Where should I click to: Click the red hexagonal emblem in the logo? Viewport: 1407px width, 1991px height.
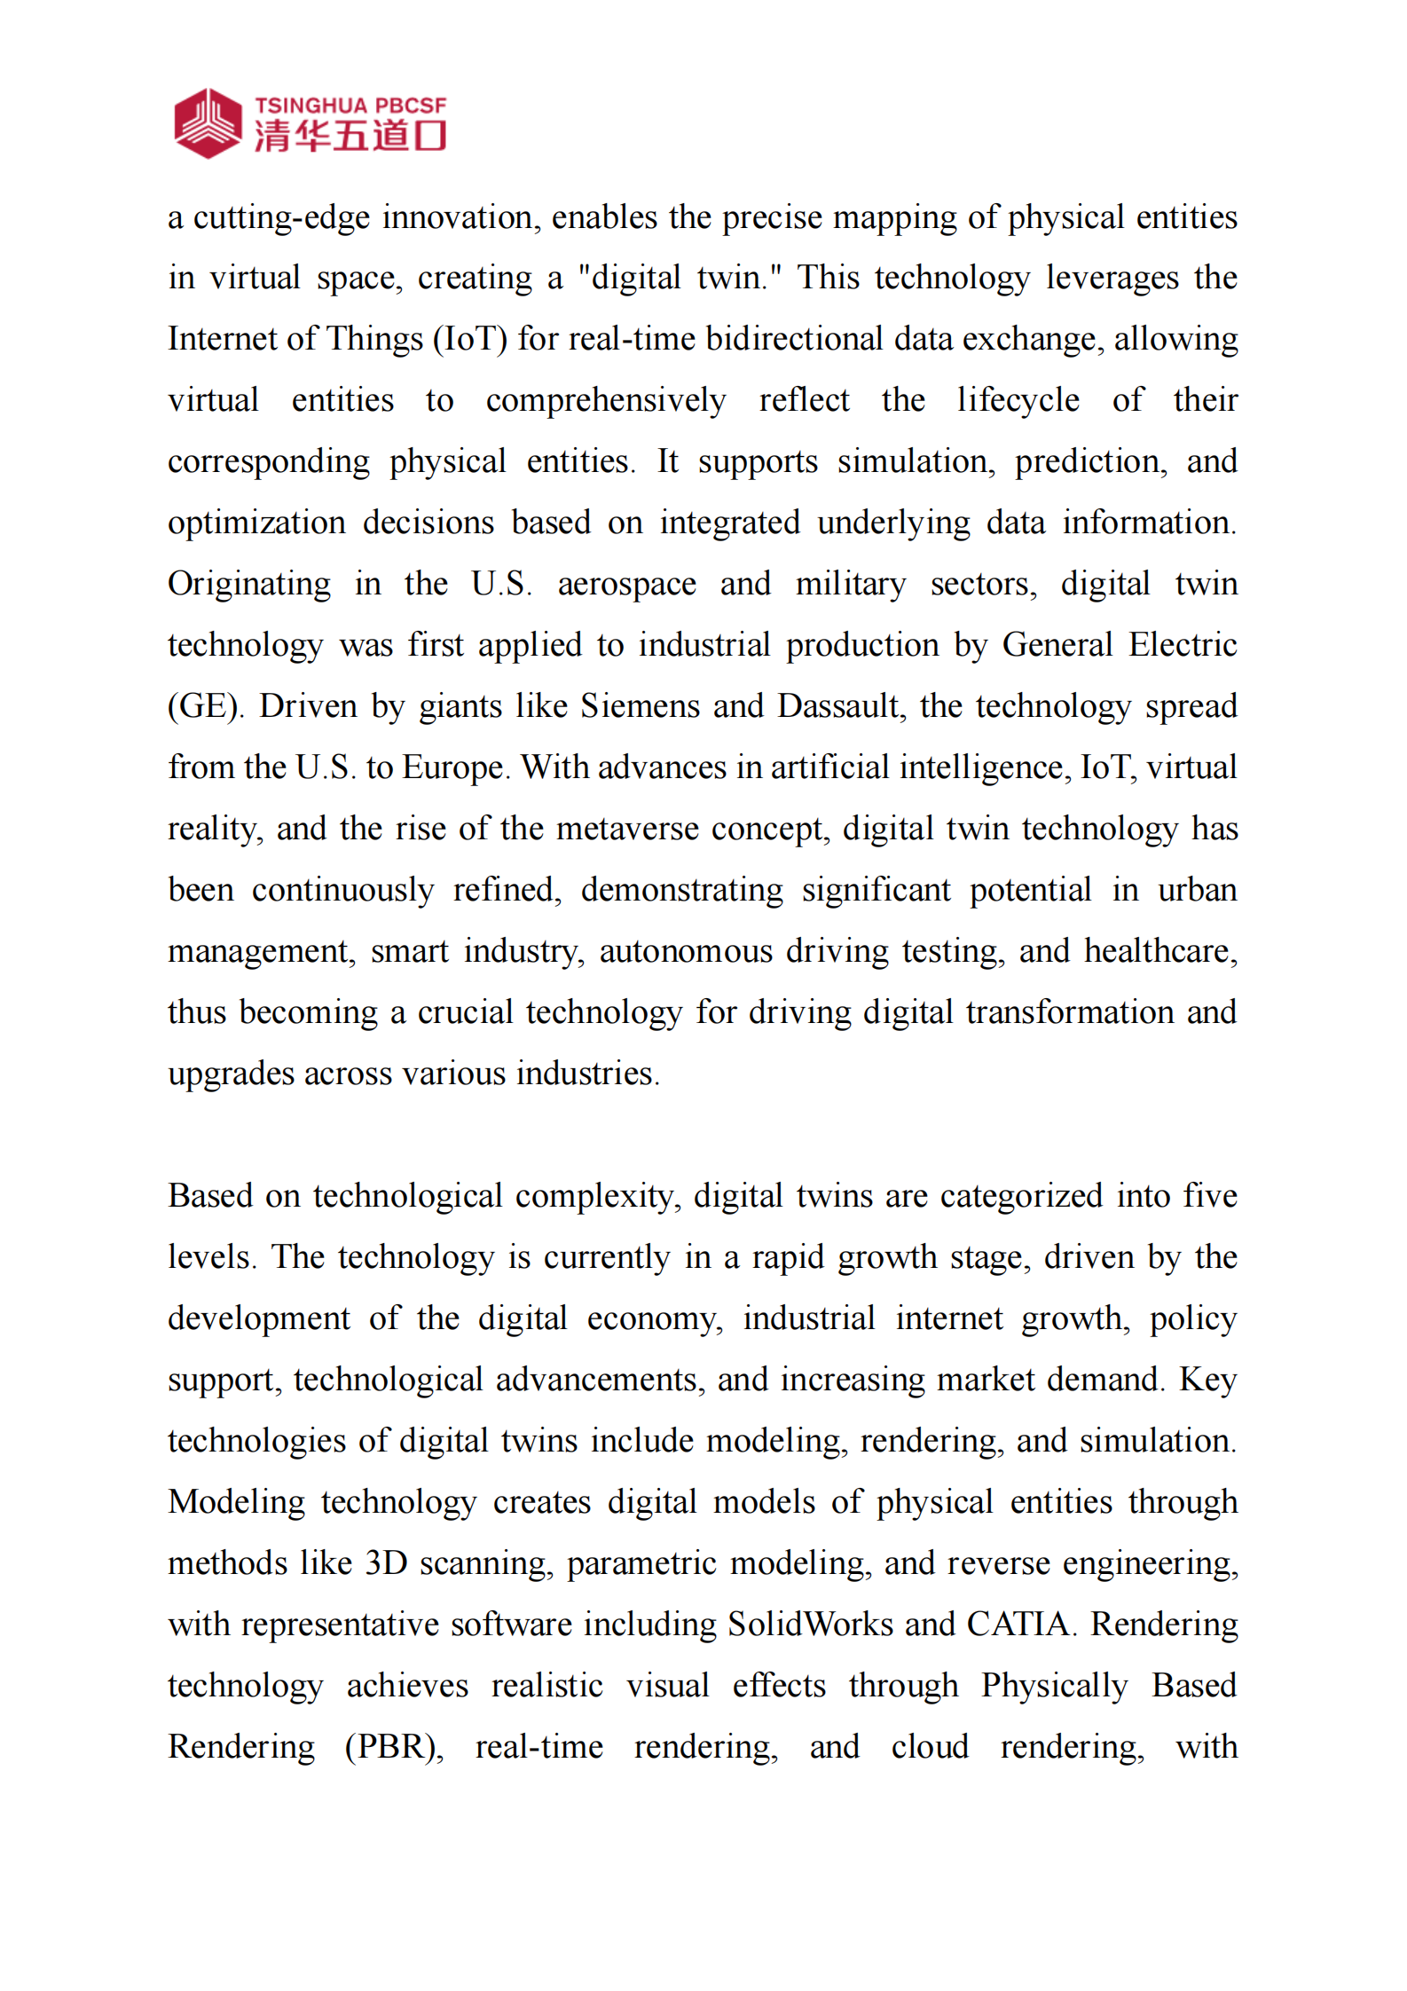click(208, 123)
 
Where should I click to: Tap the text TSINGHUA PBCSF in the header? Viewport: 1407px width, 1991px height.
click(350, 106)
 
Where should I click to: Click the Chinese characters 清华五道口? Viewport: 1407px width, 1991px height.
click(350, 137)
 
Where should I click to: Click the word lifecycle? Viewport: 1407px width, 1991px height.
click(1018, 400)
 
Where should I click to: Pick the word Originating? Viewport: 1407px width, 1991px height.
click(249, 584)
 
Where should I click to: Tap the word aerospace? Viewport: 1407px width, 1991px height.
click(626, 584)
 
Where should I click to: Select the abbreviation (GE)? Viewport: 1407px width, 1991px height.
click(205, 706)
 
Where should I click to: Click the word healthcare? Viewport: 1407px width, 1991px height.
click(1160, 951)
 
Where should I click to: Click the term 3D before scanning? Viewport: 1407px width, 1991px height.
click(386, 1563)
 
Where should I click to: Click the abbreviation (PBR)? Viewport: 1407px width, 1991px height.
click(394, 1747)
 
